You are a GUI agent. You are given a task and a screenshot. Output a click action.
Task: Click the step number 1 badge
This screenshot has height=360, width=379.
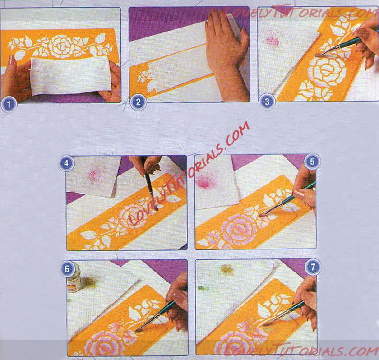point(9,105)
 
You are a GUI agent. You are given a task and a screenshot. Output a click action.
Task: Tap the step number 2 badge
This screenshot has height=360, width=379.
point(138,102)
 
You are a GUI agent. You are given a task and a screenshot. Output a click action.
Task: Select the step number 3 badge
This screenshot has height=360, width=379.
point(267,102)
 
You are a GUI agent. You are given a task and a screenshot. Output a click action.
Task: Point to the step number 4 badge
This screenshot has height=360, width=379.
point(66,164)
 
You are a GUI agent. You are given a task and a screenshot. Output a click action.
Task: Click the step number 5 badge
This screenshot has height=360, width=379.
point(312,162)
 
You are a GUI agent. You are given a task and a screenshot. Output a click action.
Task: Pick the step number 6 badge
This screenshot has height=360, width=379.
point(67,269)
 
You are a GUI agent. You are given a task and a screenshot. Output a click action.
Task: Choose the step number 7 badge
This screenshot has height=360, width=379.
point(313,267)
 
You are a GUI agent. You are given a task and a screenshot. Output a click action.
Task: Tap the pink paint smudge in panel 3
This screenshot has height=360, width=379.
point(273,41)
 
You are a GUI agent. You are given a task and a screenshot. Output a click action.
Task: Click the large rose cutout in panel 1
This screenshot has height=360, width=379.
point(60,46)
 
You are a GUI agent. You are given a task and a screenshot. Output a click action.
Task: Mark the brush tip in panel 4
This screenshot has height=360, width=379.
point(156,208)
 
